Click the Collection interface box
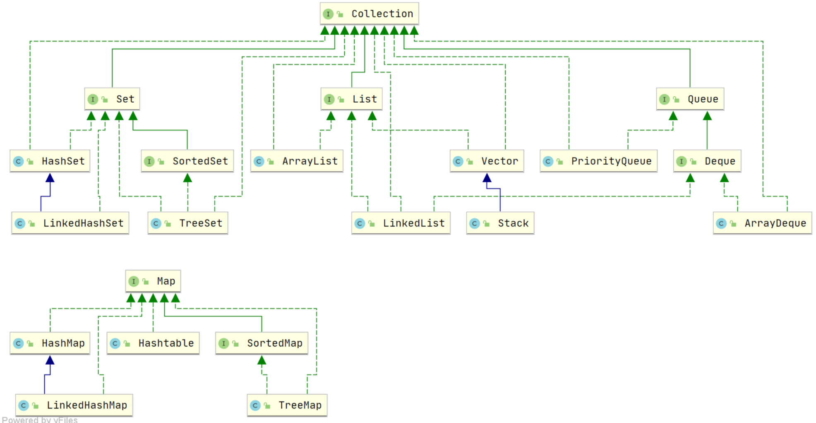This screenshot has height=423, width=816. (x=369, y=14)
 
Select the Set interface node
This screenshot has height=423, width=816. (x=112, y=99)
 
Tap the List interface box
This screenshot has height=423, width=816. (x=351, y=99)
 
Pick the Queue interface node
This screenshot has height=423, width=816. (x=690, y=99)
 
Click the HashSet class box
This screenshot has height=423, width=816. (x=50, y=161)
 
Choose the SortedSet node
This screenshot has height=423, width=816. (x=187, y=161)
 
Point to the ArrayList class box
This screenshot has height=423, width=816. (x=297, y=161)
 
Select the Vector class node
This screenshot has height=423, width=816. (x=487, y=161)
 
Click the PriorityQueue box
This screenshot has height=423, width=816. (x=598, y=161)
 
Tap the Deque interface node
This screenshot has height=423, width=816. (x=707, y=161)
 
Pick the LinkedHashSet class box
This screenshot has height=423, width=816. (x=70, y=223)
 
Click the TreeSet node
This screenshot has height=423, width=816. (x=188, y=223)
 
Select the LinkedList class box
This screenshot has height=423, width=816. (x=401, y=223)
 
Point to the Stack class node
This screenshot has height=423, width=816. (x=500, y=223)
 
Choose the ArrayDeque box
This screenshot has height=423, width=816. (x=762, y=223)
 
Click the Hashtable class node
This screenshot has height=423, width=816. (x=153, y=343)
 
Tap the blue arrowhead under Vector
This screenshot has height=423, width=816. (x=487, y=178)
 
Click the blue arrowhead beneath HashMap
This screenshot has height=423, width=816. (x=50, y=360)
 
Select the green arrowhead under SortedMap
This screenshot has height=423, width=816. (x=262, y=360)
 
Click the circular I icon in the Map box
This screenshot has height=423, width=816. (x=133, y=282)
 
